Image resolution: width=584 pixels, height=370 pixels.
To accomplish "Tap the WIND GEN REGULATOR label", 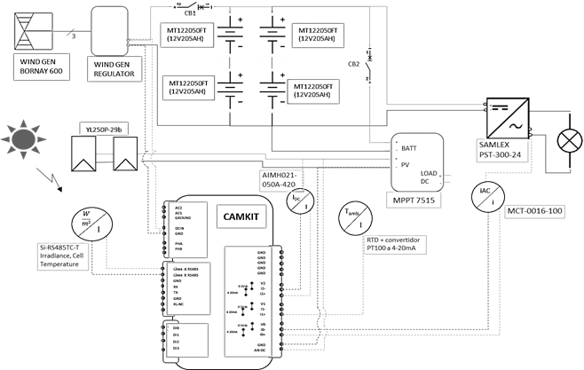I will click(113, 69).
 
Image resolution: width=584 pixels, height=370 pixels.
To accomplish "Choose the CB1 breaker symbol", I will click(198, 7).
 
